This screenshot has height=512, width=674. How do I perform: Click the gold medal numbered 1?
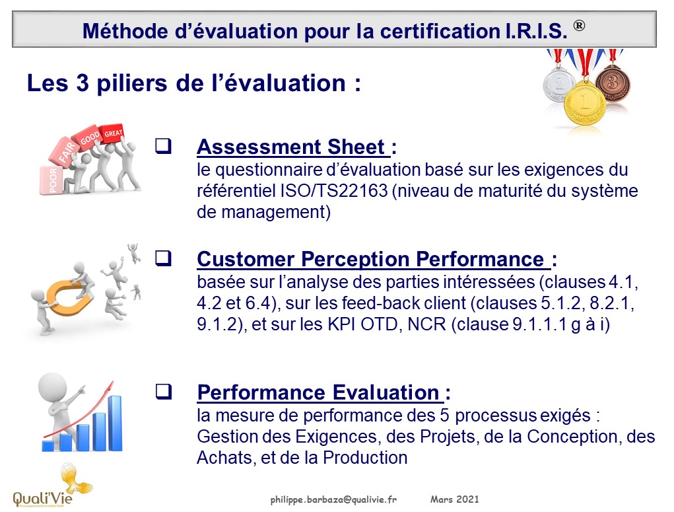[585, 102]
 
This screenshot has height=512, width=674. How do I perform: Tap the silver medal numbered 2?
[558, 83]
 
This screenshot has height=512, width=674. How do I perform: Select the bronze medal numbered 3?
[613, 82]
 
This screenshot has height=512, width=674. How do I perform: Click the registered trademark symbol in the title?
[579, 25]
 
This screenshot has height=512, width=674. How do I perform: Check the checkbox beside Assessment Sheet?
[163, 146]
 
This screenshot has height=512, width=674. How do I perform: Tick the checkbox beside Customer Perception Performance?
[163, 258]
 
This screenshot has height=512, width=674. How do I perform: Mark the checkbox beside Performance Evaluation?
[163, 392]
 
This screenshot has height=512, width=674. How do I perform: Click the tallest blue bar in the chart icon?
[115, 423]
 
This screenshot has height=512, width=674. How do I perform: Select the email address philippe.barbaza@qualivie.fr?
[333, 499]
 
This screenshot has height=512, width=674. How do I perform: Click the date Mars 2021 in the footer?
[454, 499]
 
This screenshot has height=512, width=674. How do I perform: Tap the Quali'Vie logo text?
[42, 498]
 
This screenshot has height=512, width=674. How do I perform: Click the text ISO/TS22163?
[334, 191]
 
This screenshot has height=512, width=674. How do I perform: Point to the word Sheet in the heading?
[356, 147]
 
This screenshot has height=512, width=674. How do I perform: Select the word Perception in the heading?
[355, 260]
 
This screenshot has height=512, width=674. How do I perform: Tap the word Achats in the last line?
[224, 458]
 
